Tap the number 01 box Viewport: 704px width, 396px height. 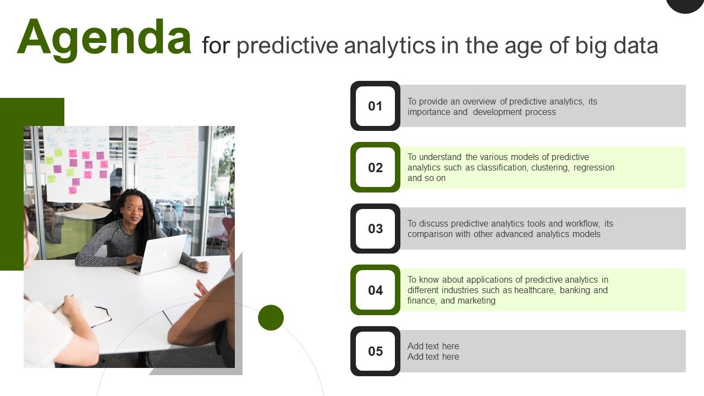coord(375,106)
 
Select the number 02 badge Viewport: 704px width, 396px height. coord(375,167)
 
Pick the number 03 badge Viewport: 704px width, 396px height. coord(375,228)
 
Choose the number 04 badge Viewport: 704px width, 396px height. coord(375,290)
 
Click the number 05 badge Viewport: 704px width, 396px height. coord(375,351)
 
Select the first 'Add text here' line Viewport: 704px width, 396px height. coord(433,346)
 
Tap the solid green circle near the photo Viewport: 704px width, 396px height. coord(271,317)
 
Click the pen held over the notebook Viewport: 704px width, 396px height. coord(64,304)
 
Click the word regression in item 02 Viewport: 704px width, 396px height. coord(593,167)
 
